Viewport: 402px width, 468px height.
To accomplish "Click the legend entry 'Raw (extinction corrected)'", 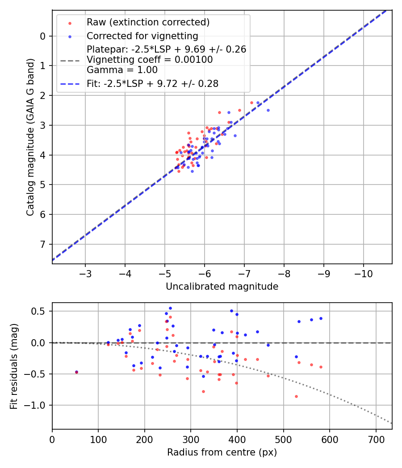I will click(x=148, y=22).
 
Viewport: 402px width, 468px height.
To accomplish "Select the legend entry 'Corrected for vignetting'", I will click(x=142, y=36).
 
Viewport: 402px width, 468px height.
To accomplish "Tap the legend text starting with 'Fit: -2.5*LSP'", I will click(x=152, y=84).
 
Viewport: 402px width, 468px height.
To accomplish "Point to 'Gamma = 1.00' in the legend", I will click(x=122, y=70).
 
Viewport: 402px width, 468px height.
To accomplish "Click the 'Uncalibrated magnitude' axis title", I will click(x=222, y=287).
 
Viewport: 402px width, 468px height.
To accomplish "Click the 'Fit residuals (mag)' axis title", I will click(x=14, y=366).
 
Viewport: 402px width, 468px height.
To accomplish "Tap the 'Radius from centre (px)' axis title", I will click(x=222, y=452).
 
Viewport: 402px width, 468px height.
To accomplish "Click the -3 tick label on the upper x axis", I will click(x=85, y=273).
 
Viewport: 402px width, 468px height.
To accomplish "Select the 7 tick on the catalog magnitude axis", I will click(x=43, y=244).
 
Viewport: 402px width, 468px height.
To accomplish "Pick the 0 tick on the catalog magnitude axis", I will click(x=43, y=36).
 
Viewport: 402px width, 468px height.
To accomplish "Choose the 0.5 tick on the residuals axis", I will click(x=40, y=311).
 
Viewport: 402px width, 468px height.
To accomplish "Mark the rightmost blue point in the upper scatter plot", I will click(x=268, y=110).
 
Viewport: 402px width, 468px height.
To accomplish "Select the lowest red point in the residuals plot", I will click(x=296, y=396).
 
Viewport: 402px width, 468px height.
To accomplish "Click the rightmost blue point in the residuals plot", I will click(x=321, y=318).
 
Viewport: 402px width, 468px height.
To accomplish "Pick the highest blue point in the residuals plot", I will click(x=170, y=308).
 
